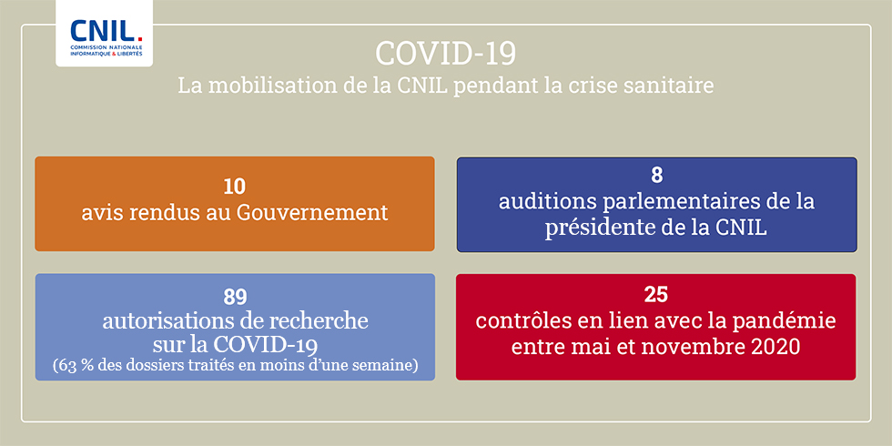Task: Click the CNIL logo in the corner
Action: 105,33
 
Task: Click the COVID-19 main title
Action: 445,54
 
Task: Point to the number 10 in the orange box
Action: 235,187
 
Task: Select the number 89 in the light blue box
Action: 235,297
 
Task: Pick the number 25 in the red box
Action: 655,295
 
